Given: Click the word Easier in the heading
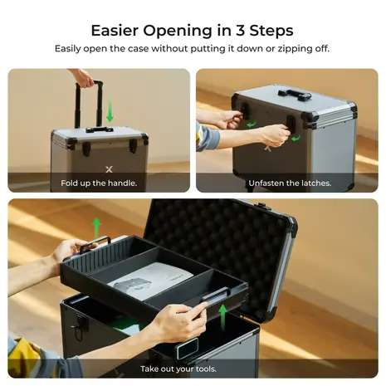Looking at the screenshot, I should [120, 31].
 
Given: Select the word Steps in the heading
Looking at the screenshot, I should [271, 31].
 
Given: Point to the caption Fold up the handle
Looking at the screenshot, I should [99, 183].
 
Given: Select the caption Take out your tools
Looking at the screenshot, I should [193, 368].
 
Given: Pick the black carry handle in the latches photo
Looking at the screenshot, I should [294, 94].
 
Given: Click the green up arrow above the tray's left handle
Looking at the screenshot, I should [96, 225].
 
